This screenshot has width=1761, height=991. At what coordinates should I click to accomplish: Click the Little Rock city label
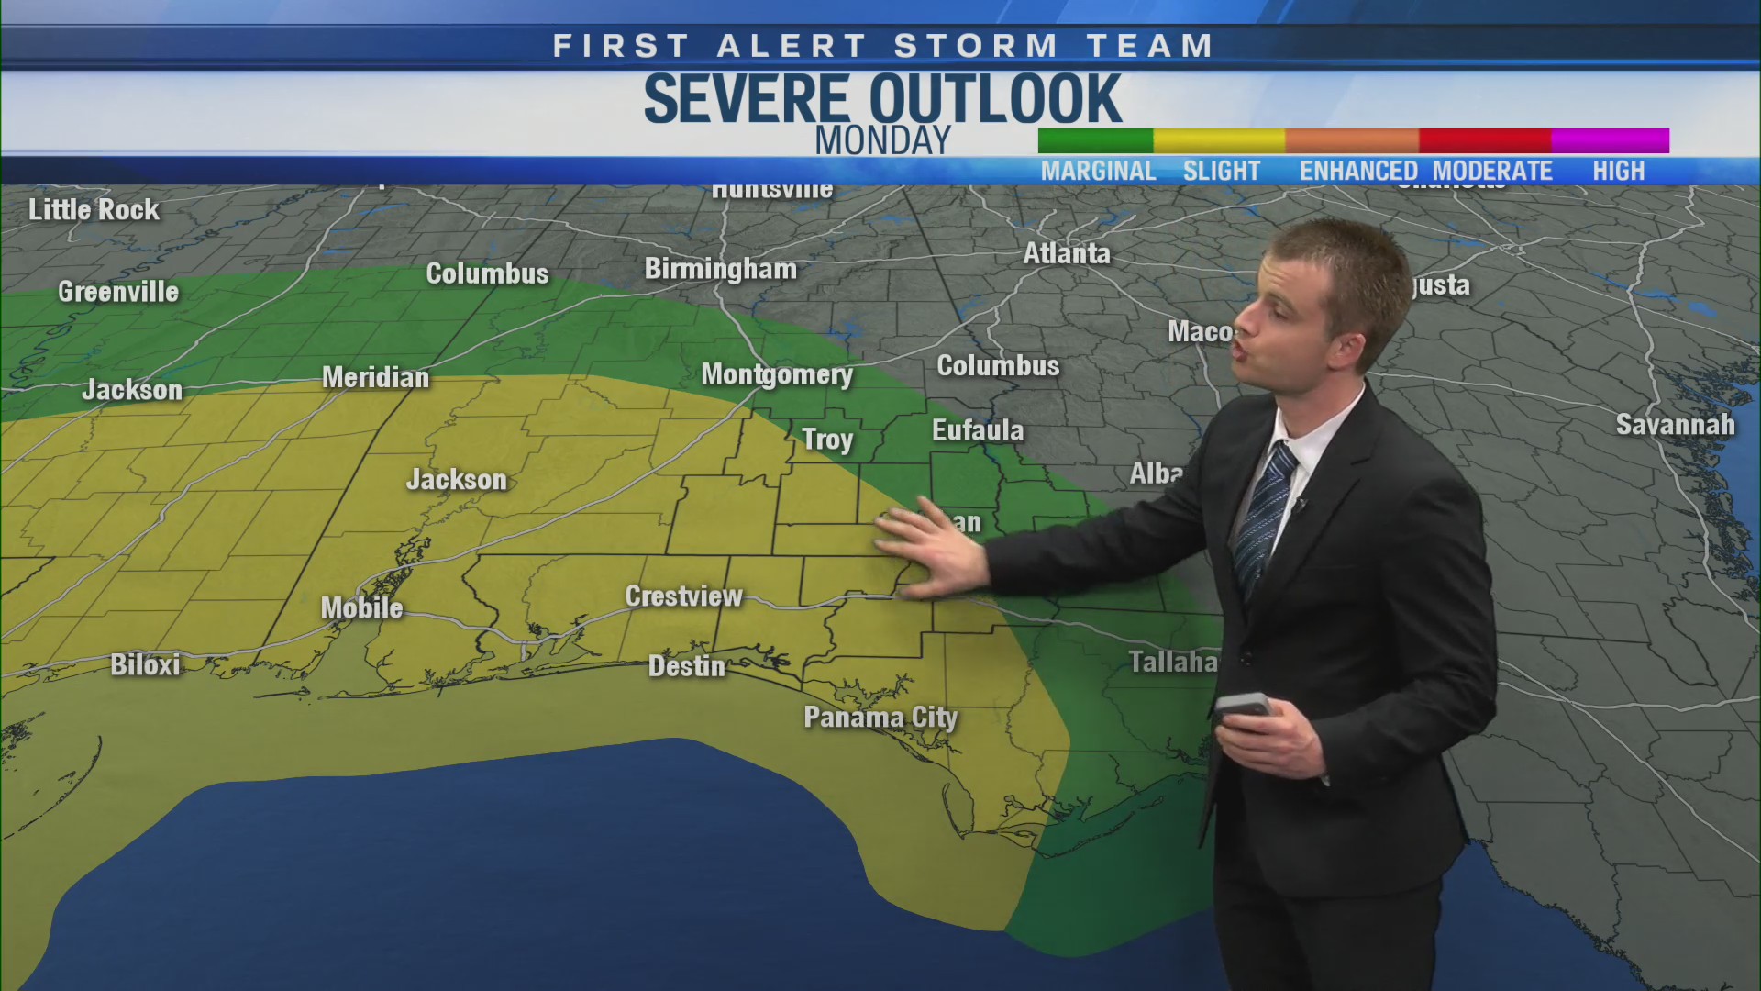[94, 210]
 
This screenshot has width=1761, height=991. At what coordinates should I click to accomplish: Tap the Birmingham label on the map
[720, 269]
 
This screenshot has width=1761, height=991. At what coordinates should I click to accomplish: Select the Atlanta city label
[1067, 253]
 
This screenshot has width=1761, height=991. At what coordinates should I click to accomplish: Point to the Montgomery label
[777, 374]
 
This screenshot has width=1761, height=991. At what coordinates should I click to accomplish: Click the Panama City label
[880, 717]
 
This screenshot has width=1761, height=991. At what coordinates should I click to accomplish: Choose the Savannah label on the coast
[1675, 425]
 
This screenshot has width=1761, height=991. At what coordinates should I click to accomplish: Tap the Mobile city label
[361, 607]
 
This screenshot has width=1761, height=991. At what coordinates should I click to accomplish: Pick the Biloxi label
[145, 664]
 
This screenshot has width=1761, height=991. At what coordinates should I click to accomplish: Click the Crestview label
[683, 596]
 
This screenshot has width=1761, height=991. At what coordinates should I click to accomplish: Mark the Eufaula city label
[978, 430]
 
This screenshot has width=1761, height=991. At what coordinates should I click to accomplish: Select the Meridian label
[375, 377]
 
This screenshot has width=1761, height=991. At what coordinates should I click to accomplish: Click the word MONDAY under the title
[883, 141]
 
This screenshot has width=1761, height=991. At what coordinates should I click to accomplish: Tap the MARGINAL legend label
[1098, 172]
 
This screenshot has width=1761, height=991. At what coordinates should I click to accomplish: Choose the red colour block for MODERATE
[1484, 140]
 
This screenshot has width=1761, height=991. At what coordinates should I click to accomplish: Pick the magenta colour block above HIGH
[1610, 140]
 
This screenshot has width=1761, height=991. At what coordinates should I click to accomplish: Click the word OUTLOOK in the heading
[995, 98]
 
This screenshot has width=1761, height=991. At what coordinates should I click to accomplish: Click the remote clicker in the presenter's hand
[1243, 707]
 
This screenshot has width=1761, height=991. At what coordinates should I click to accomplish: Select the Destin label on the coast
[686, 666]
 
